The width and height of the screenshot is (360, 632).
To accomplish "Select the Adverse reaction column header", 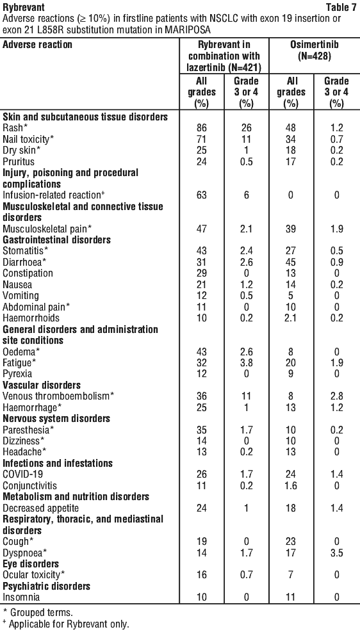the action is (38, 44).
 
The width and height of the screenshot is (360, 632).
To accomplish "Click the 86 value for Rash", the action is (202, 128).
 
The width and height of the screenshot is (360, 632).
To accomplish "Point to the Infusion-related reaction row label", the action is (51, 195).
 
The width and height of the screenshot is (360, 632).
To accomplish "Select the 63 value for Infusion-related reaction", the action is (202, 195).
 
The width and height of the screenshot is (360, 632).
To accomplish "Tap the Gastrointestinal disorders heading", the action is (56, 239).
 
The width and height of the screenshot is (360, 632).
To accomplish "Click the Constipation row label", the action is (28, 273).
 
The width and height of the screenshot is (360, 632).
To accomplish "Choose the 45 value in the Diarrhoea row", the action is (291, 262).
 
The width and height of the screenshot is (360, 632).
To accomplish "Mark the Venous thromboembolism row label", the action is (58, 396).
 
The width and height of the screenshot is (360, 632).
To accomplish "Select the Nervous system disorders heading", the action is (56, 418).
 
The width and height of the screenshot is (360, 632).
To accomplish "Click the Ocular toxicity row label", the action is (34, 575).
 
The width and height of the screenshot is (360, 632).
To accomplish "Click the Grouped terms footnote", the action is (38, 613).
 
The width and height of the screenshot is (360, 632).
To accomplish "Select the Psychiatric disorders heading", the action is (46, 586).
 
